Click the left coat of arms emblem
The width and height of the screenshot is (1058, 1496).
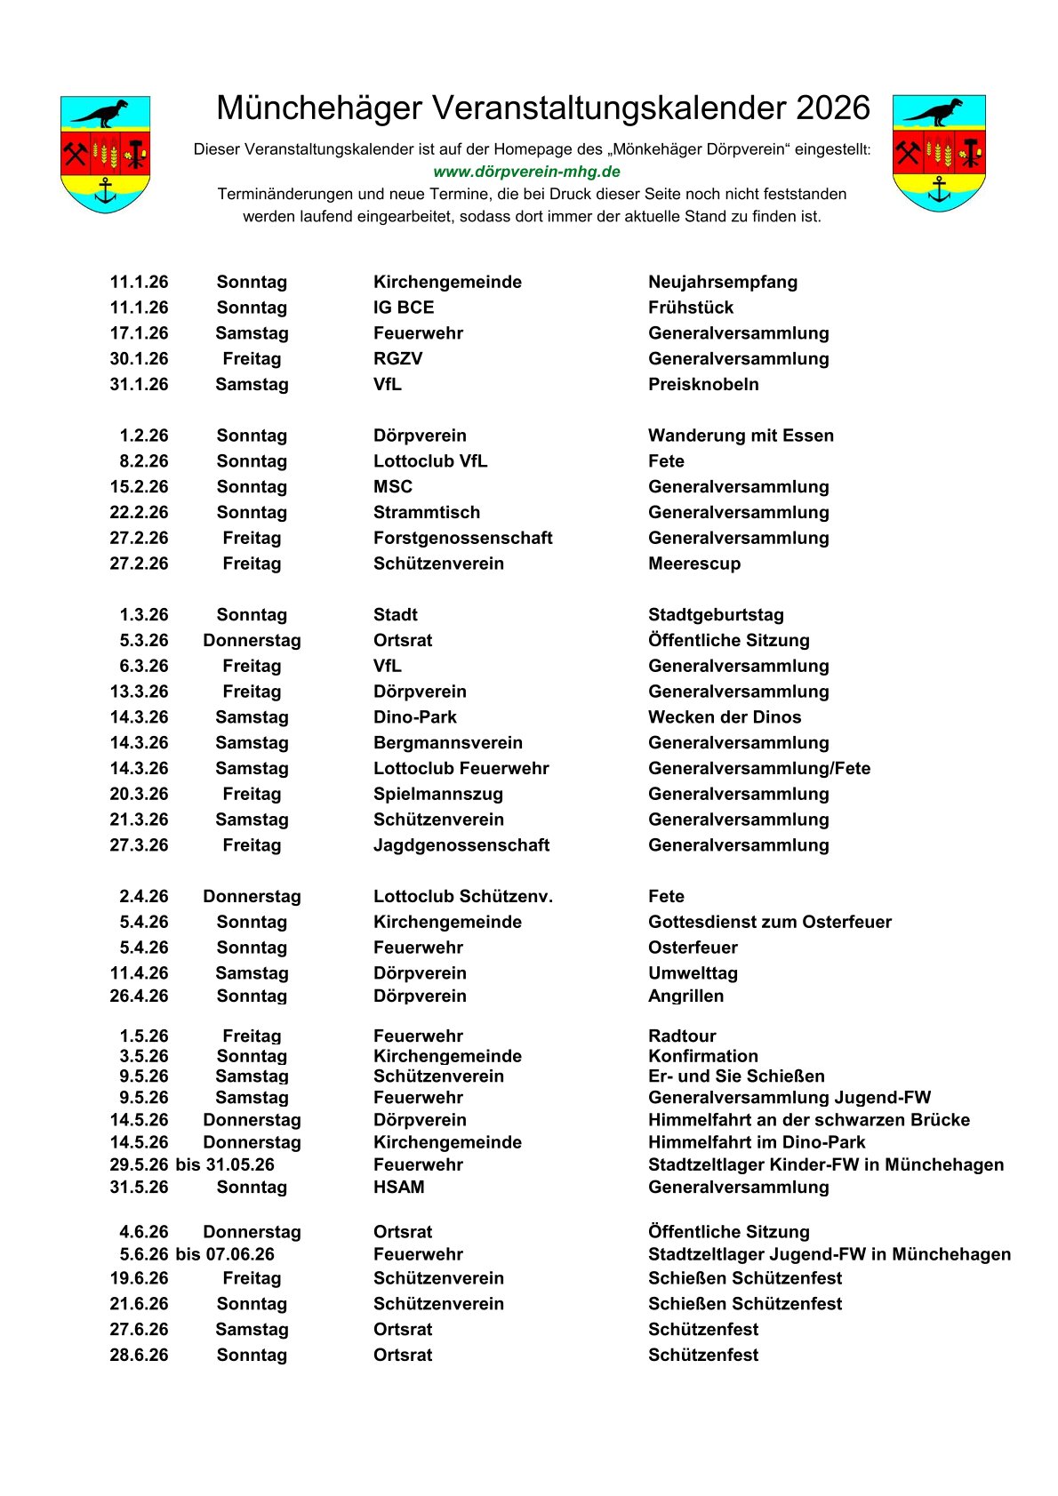pyautogui.click(x=105, y=154)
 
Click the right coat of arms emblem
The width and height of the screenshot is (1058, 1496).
pyautogui.click(x=939, y=153)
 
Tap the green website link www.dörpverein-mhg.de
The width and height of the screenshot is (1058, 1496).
pyautogui.click(x=526, y=172)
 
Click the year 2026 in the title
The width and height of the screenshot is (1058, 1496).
pyautogui.click(x=832, y=108)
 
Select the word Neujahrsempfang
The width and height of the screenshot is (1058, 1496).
pyautogui.click(x=723, y=282)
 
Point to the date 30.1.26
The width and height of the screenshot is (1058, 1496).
pyautogui.click(x=139, y=358)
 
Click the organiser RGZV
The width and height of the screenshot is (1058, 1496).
pyautogui.click(x=397, y=358)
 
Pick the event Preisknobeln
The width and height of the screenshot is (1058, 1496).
pyautogui.click(x=703, y=384)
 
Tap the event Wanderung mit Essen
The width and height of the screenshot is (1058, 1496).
pyautogui.click(x=741, y=436)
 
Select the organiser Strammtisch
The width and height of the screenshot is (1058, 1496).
pyautogui.click(x=427, y=512)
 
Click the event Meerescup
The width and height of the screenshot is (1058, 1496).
pyautogui.click(x=694, y=564)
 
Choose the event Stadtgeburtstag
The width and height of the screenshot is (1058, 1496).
pyautogui.click(x=716, y=614)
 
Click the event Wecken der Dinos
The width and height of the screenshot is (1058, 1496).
pyautogui.click(x=725, y=717)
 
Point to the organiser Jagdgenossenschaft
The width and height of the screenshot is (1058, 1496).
pyautogui.click(x=461, y=845)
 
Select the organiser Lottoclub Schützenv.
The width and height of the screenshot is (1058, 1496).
pyautogui.click(x=463, y=896)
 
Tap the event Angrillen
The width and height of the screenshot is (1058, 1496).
pyautogui.click(x=685, y=996)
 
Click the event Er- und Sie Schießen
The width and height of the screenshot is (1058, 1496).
pyautogui.click(x=736, y=1076)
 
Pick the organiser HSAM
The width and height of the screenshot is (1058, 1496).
pyautogui.click(x=398, y=1187)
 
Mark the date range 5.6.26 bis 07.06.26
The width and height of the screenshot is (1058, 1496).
pyautogui.click(x=196, y=1254)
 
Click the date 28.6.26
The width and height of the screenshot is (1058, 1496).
pyautogui.click(x=139, y=1355)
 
